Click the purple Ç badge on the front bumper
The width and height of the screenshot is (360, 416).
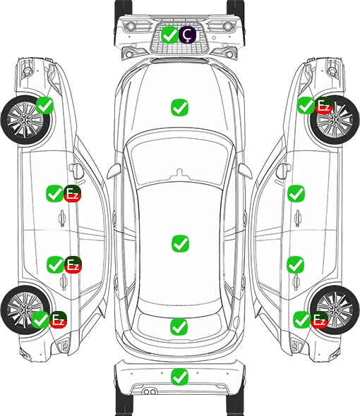(x=187, y=35)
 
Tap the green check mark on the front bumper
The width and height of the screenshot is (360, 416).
(x=169, y=35)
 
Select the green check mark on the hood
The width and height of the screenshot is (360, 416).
(x=179, y=107)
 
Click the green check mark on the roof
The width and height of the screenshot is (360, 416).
(x=181, y=243)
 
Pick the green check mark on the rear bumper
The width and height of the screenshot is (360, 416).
(x=180, y=377)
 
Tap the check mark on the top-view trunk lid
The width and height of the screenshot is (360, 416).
(x=179, y=326)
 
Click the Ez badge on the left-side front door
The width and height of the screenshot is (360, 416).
(x=72, y=194)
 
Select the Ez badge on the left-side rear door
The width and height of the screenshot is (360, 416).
(x=73, y=264)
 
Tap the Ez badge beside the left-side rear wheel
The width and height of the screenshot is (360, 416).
(x=58, y=319)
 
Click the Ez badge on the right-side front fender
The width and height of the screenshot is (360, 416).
(x=323, y=106)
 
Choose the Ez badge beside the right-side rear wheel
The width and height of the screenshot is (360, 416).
(x=319, y=319)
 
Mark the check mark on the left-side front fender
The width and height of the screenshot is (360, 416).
(x=44, y=105)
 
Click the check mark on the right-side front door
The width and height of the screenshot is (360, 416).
(x=296, y=193)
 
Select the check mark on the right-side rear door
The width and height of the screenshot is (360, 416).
(x=296, y=264)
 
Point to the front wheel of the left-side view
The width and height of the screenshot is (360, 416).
(x=26, y=121)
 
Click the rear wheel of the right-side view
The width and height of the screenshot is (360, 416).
(x=335, y=310)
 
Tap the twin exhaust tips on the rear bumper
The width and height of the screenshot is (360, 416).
(x=150, y=391)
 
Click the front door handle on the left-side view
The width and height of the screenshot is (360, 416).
(x=62, y=218)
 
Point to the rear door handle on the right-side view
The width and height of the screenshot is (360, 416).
(x=296, y=282)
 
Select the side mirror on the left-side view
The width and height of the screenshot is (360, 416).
(x=76, y=171)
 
